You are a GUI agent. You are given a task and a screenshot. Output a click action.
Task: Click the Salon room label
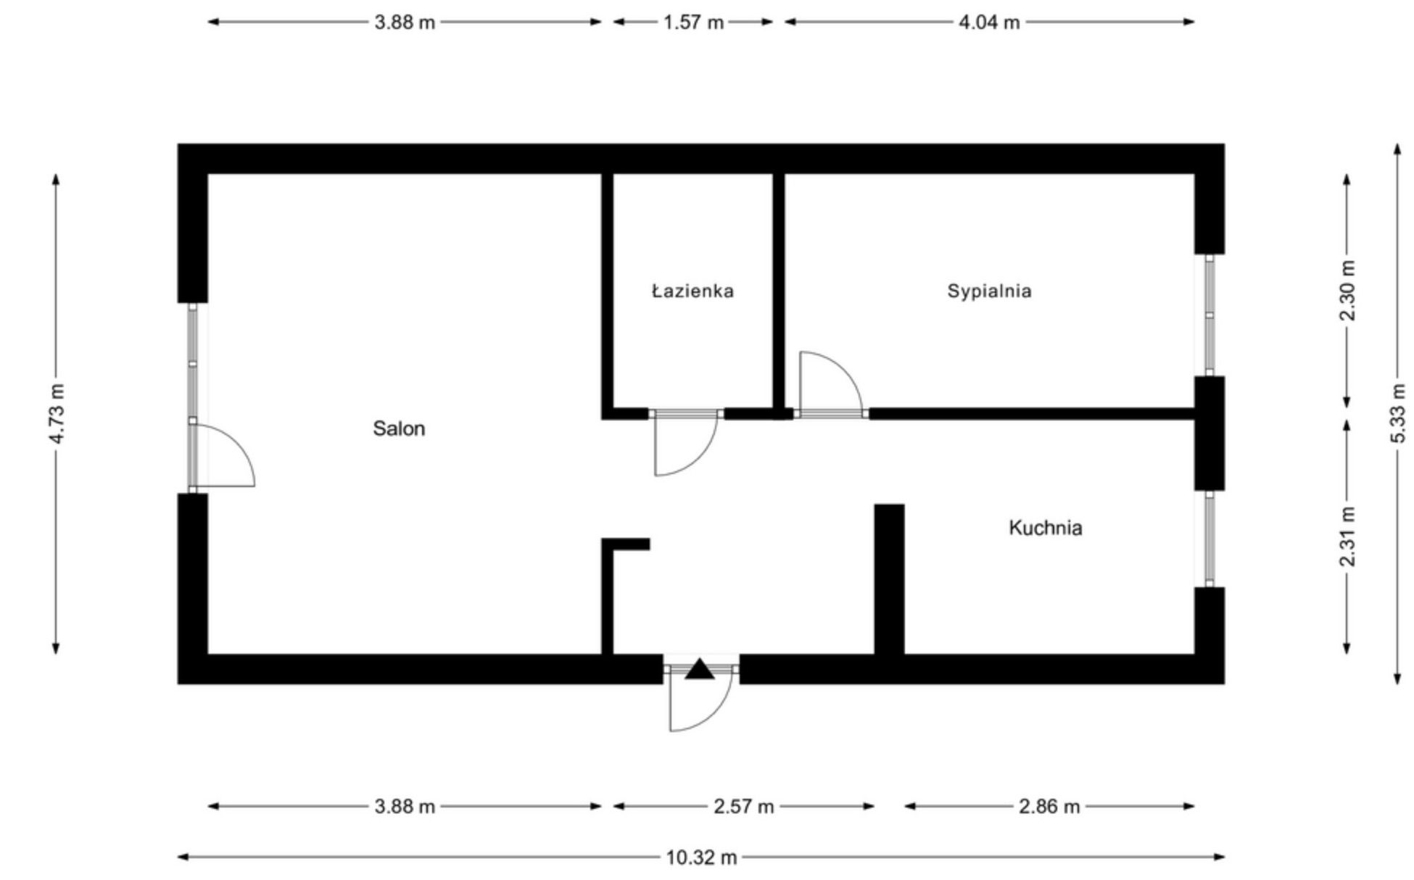[399, 428]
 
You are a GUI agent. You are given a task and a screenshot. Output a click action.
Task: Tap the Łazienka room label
[692, 291]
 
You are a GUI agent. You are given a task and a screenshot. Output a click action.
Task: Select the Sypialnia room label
[989, 291]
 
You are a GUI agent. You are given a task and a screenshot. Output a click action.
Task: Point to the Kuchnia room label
[1045, 528]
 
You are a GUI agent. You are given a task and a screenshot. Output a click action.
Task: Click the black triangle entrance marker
[700, 669]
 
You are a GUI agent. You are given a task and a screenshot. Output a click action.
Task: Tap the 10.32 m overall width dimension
[700, 858]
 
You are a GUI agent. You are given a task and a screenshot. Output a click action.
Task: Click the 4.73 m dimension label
[57, 414]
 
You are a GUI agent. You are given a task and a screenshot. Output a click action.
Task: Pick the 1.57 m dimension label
[693, 22]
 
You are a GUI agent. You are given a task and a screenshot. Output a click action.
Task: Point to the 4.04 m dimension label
[989, 22]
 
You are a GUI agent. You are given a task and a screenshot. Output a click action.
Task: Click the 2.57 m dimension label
[743, 806]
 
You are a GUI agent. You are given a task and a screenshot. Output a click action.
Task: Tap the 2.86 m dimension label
[1049, 806]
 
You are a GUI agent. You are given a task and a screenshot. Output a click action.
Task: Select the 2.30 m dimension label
[1347, 291]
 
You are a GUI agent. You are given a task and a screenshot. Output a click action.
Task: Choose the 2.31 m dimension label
[1347, 537]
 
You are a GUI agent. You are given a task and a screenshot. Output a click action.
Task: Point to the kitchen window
[1209, 539]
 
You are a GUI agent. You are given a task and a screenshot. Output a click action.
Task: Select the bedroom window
[1209, 315]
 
